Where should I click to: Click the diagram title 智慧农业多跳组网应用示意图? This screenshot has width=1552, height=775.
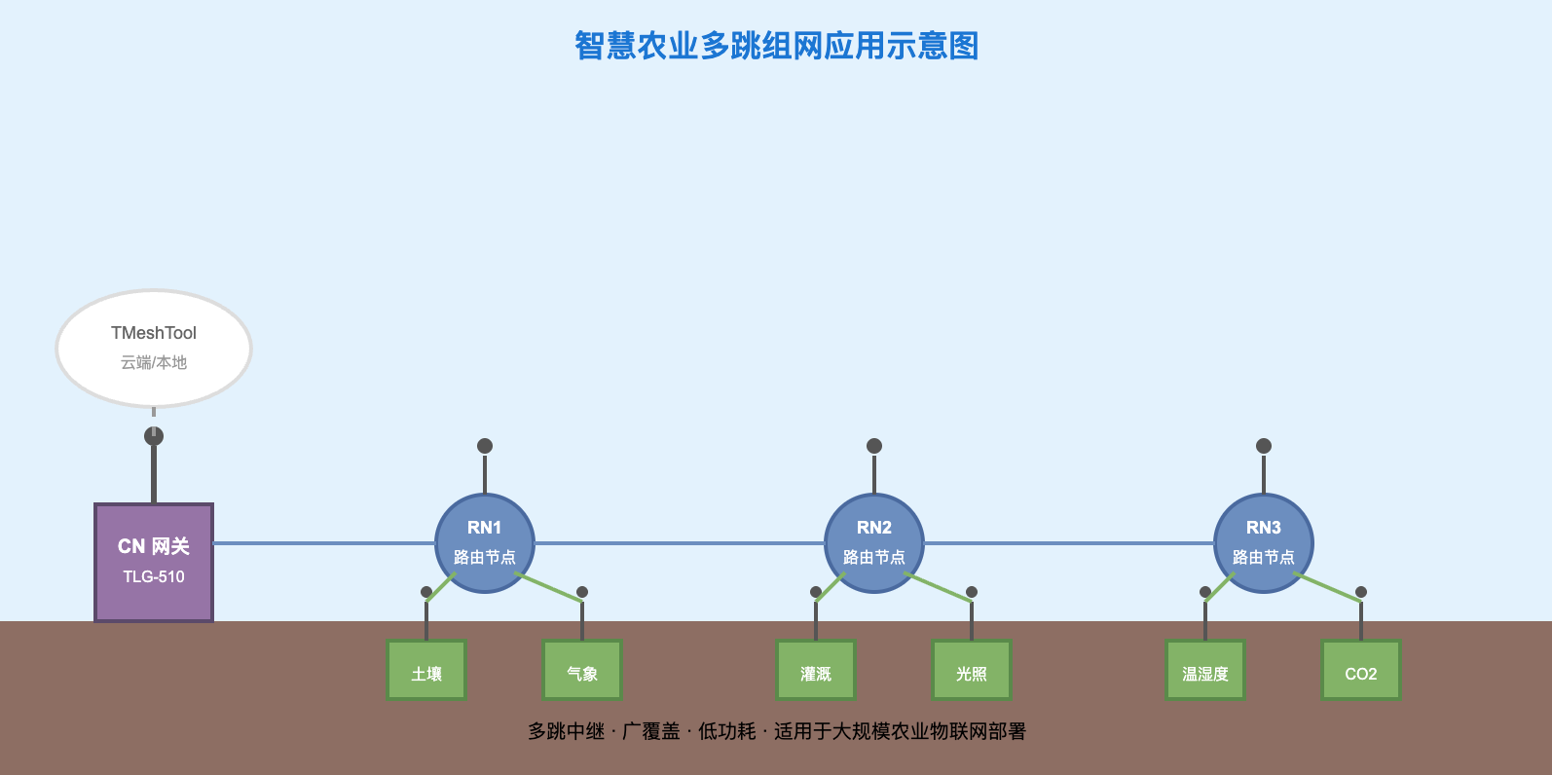point(776,46)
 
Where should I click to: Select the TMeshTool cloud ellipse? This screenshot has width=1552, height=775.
point(154,348)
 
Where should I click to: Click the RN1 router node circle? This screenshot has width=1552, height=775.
point(485,542)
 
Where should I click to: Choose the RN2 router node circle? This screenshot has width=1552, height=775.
point(874,542)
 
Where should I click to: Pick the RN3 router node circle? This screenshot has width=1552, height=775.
point(1264,542)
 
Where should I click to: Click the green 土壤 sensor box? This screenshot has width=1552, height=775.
point(426,670)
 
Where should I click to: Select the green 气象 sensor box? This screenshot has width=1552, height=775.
point(582,670)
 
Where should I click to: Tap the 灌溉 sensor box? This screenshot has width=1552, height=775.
point(816,670)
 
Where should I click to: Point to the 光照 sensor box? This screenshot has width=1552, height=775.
point(972,670)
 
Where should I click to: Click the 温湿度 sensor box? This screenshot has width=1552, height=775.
point(1205,670)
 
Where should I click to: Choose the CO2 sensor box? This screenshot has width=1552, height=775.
point(1361,670)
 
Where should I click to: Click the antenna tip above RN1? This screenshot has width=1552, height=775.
point(485,446)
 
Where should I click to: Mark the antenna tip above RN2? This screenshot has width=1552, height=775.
point(874,446)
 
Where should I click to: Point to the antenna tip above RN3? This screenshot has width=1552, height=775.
point(1264,446)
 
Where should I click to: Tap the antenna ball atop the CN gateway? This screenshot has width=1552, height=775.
point(154,436)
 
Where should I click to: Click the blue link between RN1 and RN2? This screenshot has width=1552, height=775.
point(680,543)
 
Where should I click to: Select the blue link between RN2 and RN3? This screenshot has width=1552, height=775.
point(1069,543)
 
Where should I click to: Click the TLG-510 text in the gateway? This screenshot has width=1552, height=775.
point(154,576)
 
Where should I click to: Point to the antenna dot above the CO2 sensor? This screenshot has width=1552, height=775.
point(1361,592)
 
